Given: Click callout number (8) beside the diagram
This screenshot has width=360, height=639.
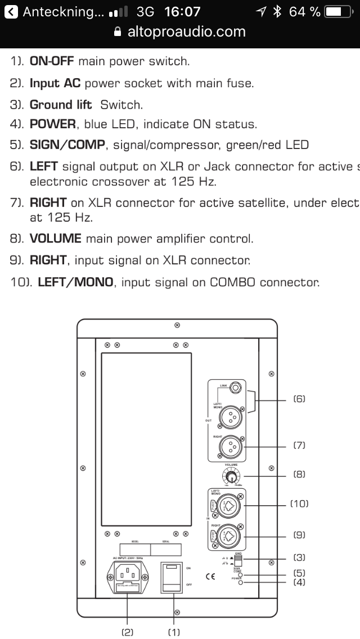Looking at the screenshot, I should pos(299,474).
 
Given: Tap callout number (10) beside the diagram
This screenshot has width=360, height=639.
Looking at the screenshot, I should pos(299,503).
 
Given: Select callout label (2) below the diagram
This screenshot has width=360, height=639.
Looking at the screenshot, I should pos(128,632).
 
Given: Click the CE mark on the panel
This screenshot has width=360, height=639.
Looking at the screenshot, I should pos(211,577).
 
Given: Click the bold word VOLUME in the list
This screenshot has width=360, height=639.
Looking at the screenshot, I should pos(55,238).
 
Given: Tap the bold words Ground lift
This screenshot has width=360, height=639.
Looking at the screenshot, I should pos(60,105).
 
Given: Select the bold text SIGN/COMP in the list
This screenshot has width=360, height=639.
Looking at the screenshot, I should pos(67,145).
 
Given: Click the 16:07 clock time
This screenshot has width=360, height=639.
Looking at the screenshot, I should pos(182,11).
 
